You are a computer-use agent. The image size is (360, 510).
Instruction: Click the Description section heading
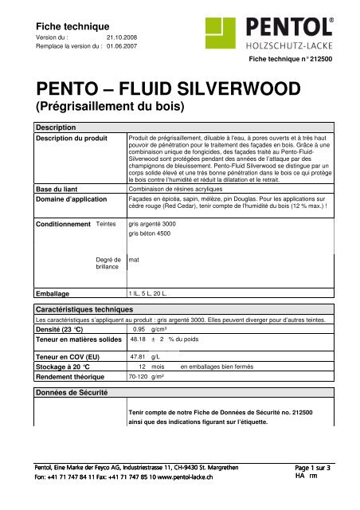pyautogui.click(x=52, y=127)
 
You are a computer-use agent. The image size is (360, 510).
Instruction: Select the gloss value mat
pyautogui.click(x=134, y=260)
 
